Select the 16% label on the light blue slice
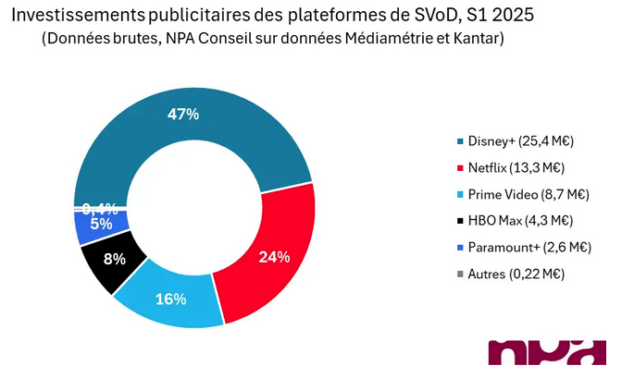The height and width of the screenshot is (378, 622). (171, 299)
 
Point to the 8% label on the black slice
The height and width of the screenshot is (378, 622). (114, 259)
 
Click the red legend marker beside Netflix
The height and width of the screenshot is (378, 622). (460, 168)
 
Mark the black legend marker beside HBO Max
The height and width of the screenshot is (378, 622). (460, 221)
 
